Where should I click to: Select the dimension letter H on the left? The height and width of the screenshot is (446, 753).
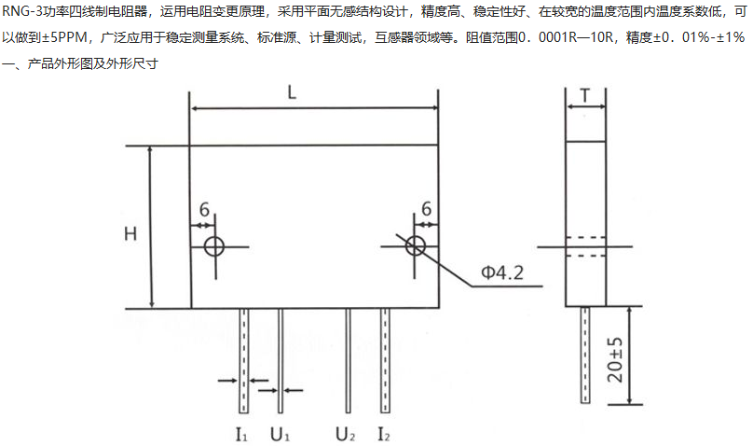pos(131,233)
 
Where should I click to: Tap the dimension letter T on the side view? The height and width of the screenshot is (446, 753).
pos(584,96)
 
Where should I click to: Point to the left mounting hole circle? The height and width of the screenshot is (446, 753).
pos(214,246)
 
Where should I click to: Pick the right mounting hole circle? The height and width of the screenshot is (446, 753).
pos(415,246)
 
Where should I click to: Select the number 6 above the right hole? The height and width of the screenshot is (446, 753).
pos(426,209)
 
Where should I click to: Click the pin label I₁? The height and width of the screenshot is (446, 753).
pos(240,434)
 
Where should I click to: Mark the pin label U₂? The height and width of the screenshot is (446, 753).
pos(347,434)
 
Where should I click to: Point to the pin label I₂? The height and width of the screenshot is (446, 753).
pos(384,434)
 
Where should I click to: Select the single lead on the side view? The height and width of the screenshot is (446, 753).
pos(585,355)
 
